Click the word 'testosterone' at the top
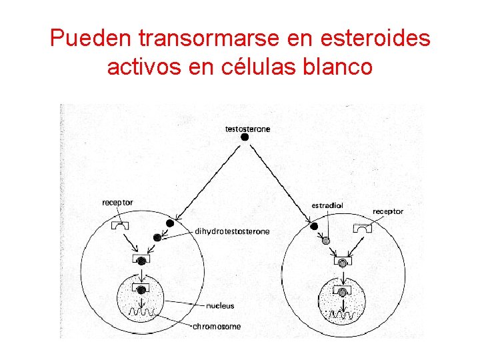tap(247, 129)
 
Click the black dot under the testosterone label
tap(245, 137)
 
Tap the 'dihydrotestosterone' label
tap(232, 231)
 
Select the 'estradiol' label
tap(327, 205)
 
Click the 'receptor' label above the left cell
tap(117, 202)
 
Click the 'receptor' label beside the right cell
tap(387, 211)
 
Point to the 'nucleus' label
tap(220, 306)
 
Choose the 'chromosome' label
tap(216, 327)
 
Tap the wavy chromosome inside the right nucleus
tap(343, 313)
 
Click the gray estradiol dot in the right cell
tap(326, 240)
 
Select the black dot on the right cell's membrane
tap(313, 227)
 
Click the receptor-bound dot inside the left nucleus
tap(141, 289)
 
